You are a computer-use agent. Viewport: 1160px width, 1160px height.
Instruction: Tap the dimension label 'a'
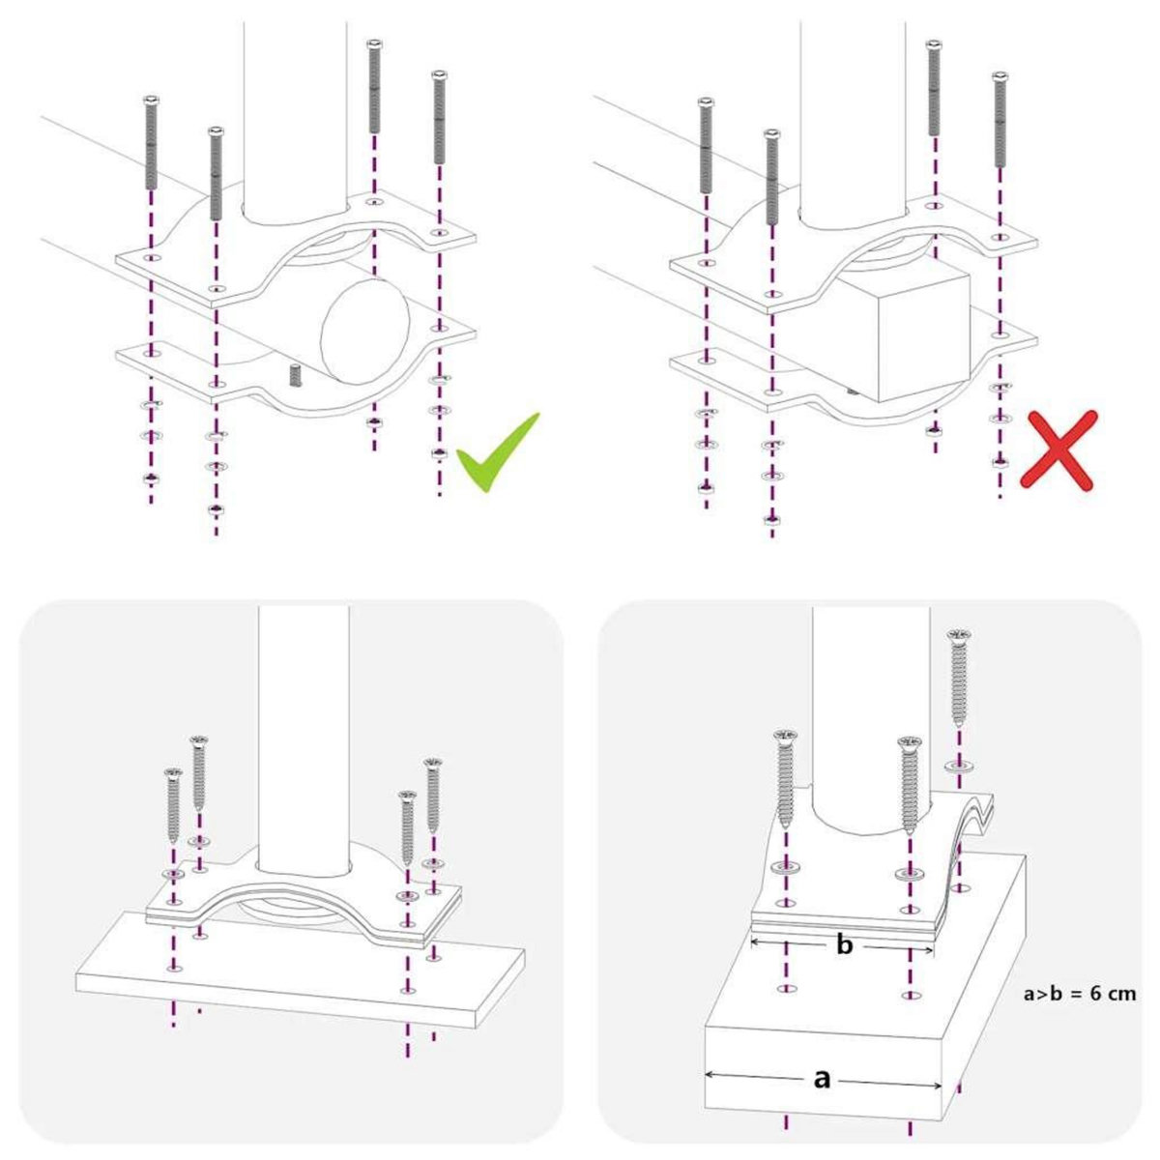[822, 1078]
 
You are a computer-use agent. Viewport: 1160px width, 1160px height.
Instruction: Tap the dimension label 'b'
[844, 945]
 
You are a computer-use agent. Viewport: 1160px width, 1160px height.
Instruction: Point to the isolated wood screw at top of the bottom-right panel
[959, 677]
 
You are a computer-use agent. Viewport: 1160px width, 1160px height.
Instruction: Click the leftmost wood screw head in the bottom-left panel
[174, 773]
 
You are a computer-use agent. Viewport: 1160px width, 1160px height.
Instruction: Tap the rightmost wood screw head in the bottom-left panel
[434, 764]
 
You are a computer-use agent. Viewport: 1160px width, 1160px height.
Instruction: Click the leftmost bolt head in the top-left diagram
[151, 100]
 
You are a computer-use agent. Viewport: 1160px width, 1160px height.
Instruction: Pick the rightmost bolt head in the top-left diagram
[439, 74]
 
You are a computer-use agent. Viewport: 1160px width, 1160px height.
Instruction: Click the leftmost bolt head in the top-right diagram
[706, 101]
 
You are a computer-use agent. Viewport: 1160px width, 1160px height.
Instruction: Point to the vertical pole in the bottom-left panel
[304, 725]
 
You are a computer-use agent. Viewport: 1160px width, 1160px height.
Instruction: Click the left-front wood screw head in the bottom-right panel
[786, 739]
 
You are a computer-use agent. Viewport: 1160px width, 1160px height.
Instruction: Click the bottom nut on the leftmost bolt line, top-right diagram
[706, 486]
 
